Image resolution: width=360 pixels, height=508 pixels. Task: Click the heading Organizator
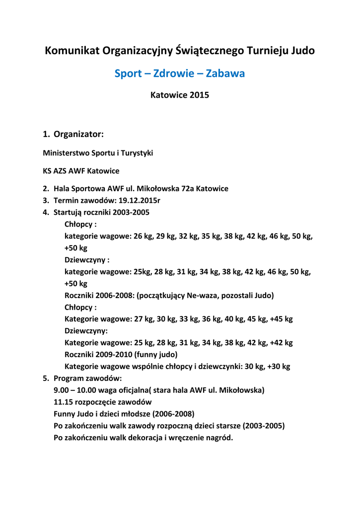(78, 133)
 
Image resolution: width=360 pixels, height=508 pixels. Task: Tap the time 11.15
(64, 402)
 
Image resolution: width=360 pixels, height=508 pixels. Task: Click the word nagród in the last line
(219, 438)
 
